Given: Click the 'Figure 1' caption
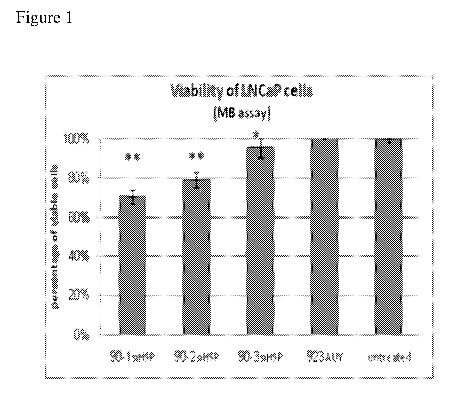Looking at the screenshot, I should tap(44, 18).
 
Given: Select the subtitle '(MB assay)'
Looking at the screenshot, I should tap(242, 114).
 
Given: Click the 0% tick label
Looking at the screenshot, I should tap(82, 335).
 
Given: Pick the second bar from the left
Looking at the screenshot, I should tap(197, 257).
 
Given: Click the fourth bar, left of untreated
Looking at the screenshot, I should tap(324, 237).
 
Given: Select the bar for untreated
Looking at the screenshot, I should tap(388, 237).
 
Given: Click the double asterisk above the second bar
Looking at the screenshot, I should tap(197, 156).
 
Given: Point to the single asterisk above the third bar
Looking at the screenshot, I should tap(256, 134).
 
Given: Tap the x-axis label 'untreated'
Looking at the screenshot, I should tap(389, 358).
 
